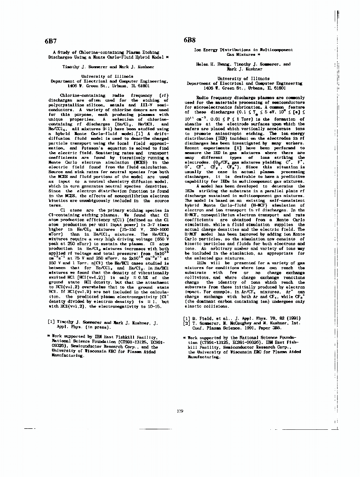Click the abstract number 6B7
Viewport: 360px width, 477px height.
click(x=50, y=41)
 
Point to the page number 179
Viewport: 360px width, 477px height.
click(x=179, y=411)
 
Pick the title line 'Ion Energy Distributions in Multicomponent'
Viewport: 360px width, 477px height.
click(x=237, y=50)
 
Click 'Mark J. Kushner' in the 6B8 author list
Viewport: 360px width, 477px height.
click(x=236, y=69)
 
